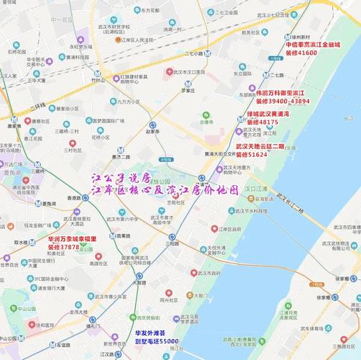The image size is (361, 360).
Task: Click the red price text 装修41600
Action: tap(301, 53)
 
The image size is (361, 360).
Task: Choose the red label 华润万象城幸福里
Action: tap(72, 238)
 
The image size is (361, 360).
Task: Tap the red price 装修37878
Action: tap(64, 247)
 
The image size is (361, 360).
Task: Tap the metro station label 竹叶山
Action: tap(99, 81)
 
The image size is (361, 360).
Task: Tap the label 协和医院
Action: tap(28, 325)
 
